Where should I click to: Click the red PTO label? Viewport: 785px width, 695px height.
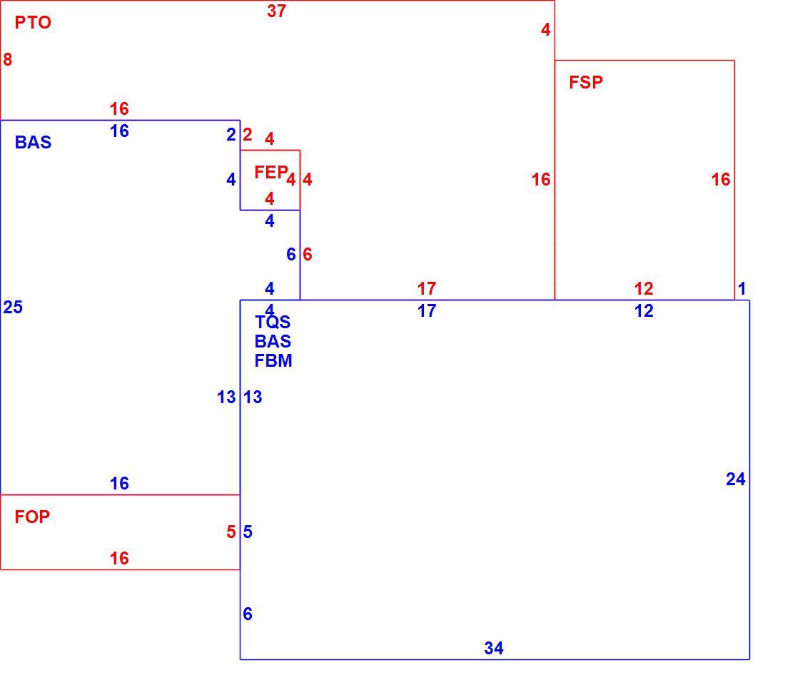(x=33, y=23)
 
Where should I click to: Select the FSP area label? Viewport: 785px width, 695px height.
(x=586, y=82)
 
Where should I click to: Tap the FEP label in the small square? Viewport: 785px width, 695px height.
(x=271, y=172)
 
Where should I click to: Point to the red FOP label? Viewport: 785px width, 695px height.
(x=32, y=517)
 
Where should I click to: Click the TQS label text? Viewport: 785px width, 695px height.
(x=273, y=322)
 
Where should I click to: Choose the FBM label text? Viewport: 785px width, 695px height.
(x=273, y=360)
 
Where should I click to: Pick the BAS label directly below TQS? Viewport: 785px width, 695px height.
(x=273, y=341)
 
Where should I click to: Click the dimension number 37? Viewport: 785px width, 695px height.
(x=276, y=11)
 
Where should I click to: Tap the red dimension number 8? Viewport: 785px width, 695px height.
(x=8, y=60)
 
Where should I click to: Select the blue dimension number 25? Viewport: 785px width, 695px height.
(x=13, y=307)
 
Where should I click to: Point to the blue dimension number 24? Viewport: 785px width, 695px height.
(x=736, y=480)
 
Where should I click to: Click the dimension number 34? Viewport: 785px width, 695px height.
(x=494, y=649)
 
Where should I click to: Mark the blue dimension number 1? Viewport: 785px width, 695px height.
(x=742, y=288)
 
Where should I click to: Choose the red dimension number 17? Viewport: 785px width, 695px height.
(x=427, y=288)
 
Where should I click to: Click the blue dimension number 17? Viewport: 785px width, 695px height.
(x=427, y=311)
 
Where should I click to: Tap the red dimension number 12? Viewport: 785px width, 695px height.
(x=644, y=288)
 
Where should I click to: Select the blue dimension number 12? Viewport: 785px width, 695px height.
(x=644, y=311)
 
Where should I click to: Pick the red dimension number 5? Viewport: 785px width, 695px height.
(x=231, y=532)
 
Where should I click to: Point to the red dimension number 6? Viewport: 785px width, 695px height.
(x=308, y=254)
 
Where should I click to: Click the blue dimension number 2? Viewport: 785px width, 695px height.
(x=231, y=135)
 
